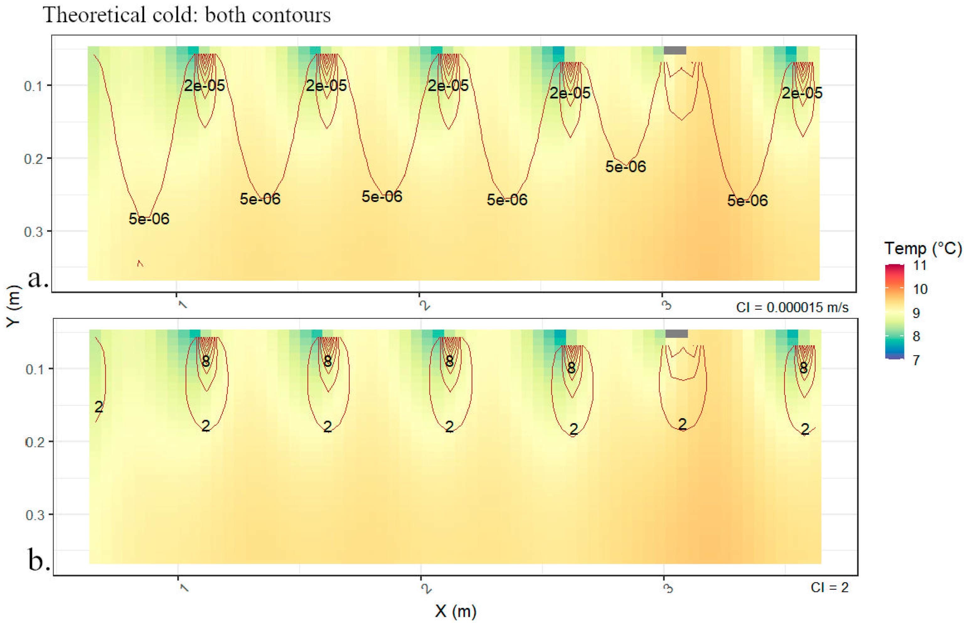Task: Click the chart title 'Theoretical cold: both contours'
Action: point(187,15)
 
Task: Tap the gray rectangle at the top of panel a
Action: point(675,51)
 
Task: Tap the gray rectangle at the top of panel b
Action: point(676,334)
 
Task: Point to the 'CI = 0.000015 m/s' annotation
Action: point(792,308)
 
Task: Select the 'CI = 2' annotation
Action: point(829,587)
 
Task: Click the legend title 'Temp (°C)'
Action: point(922,248)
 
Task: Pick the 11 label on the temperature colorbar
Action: point(920,266)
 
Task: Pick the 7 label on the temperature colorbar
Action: point(916,360)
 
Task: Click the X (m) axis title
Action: point(455,611)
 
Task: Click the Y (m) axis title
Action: point(13,306)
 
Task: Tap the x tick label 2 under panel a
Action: point(424,305)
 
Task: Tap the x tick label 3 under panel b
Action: point(668,588)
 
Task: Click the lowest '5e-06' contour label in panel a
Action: point(149,219)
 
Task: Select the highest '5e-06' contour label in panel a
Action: point(626,167)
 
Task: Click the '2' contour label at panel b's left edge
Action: point(99,407)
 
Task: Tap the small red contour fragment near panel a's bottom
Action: point(140,263)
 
